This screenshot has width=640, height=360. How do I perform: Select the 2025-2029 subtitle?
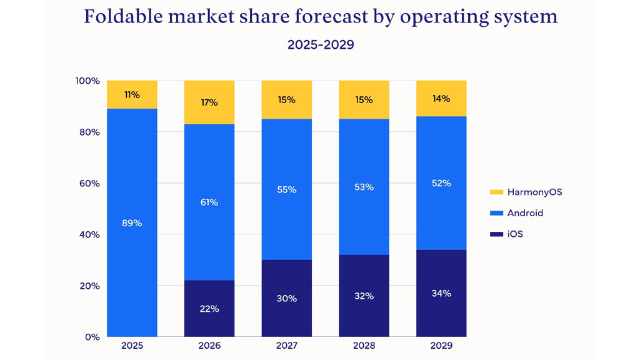click(x=320, y=45)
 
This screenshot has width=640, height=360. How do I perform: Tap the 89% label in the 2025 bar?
click(x=132, y=222)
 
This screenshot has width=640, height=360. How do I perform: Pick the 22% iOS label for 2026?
click(x=209, y=309)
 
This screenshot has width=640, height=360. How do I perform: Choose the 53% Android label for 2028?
click(x=364, y=187)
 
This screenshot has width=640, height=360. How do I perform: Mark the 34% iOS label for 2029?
click(x=441, y=293)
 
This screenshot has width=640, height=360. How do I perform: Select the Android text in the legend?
click(x=525, y=213)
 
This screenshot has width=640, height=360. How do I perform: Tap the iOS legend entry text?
click(x=515, y=234)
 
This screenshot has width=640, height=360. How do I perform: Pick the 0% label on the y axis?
click(x=92, y=337)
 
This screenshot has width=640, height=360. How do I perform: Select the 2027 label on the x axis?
click(x=286, y=346)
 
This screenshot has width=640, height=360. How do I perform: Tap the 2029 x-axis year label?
click(x=441, y=346)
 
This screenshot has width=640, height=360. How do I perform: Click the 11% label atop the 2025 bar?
click(x=132, y=95)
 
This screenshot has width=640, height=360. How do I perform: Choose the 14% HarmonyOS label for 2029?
click(x=441, y=98)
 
